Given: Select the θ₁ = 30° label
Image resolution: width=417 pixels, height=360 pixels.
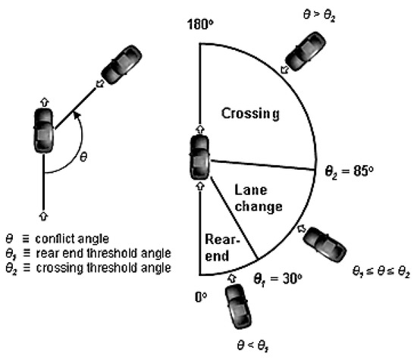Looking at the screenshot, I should coord(278,278).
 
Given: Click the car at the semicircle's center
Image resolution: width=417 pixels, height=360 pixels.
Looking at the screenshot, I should coord(200,155).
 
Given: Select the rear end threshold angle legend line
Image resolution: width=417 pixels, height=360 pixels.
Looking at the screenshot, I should coord(99,252).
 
